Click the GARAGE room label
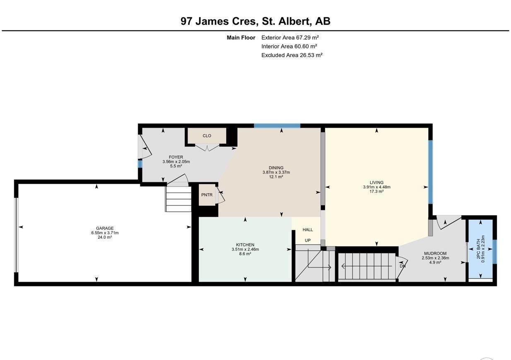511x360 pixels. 105,228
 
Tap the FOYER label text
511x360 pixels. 176,157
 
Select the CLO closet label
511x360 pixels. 207,136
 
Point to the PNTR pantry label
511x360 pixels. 207,195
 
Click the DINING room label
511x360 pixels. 276,168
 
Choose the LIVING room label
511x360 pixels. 377,182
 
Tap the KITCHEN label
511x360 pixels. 245,245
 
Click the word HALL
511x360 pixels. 308,230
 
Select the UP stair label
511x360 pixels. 308,240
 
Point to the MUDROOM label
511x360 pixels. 435,253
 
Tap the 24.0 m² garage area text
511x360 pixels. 105,238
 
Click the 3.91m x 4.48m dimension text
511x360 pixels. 377,187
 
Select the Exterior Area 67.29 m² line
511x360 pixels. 290,37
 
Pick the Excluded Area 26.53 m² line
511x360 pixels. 292,55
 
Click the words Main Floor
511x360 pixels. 241,38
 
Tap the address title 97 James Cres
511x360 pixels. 219,22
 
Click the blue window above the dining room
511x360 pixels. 277,126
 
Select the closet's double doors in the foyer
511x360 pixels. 207,147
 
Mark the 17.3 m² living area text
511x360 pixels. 377,192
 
